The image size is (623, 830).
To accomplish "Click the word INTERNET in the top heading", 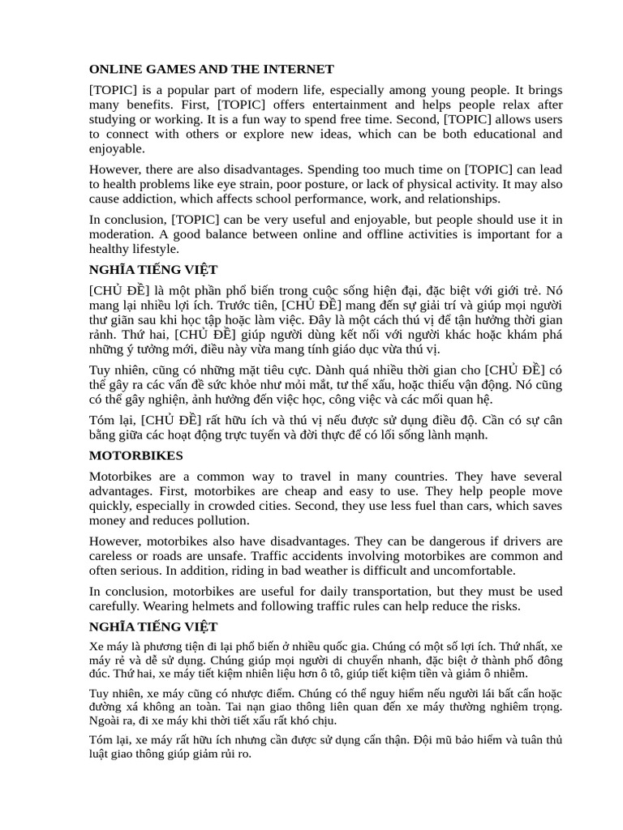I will [298, 69].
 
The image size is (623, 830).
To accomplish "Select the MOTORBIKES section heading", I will [136, 456].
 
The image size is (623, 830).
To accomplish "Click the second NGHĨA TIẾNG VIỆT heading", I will [153, 627].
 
